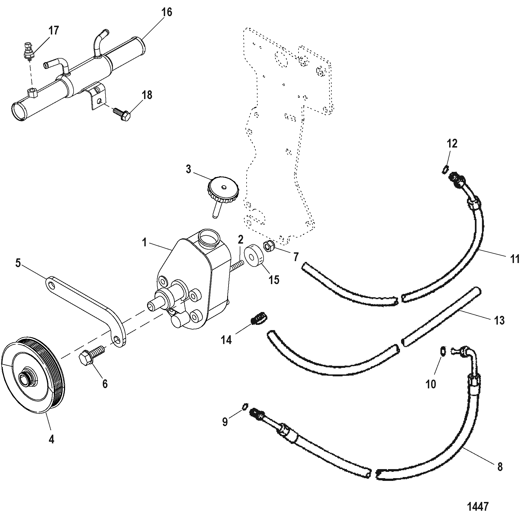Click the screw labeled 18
pos(122,115)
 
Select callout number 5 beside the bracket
pos(18,263)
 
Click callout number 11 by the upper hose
pos(515,259)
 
